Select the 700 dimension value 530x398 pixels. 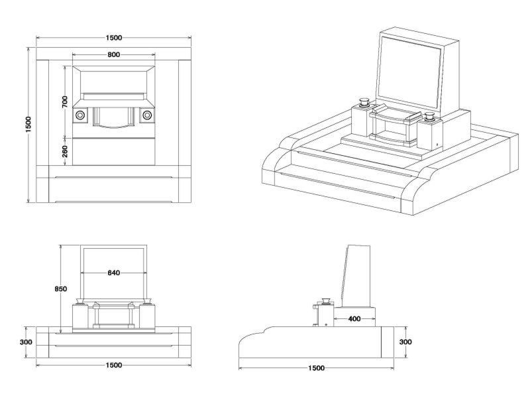[64, 101]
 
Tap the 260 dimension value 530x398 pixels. [64, 151]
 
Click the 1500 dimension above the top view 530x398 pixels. [113, 38]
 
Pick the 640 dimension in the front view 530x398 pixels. [113, 273]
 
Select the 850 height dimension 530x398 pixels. [62, 289]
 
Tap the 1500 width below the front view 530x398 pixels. [113, 365]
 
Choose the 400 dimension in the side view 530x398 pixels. [354, 319]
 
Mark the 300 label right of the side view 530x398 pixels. [405, 342]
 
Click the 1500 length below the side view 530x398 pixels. [317, 367]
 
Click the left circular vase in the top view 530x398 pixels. [80, 115]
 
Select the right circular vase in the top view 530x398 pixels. [146, 115]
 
